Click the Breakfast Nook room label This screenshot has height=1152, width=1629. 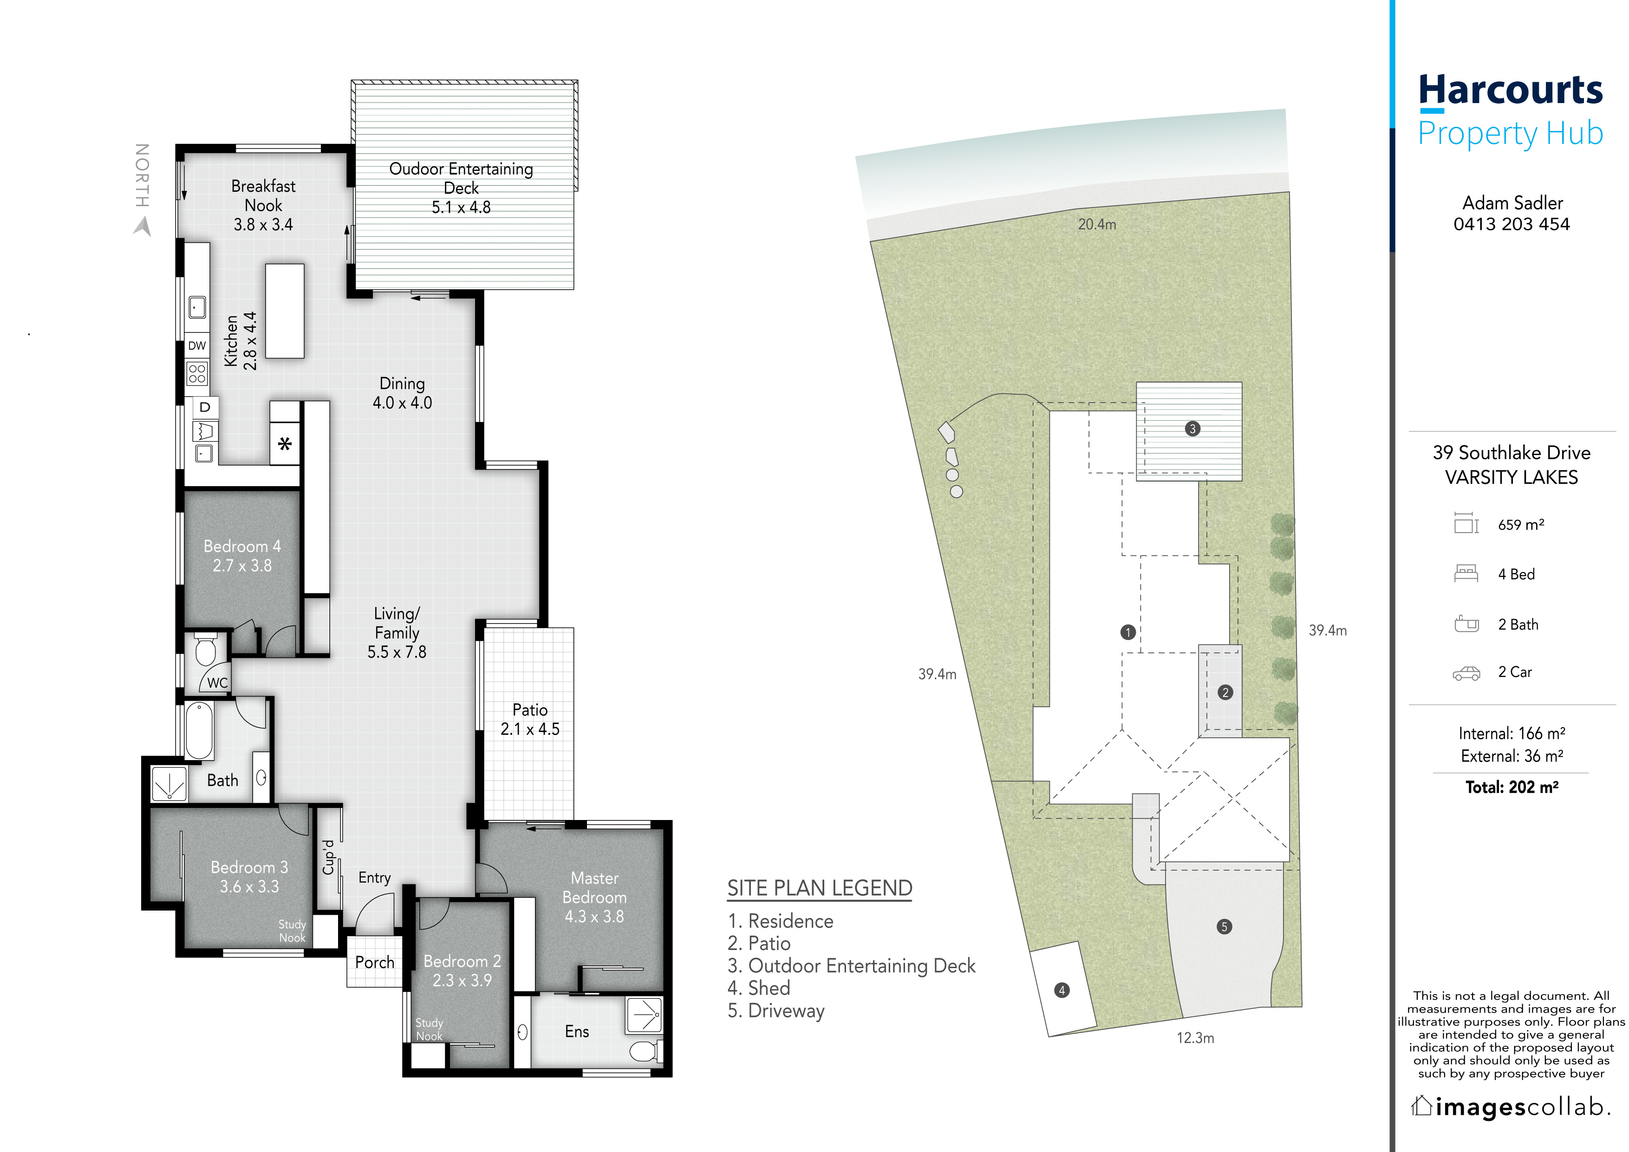point(263,196)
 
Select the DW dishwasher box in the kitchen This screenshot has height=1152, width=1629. point(197,346)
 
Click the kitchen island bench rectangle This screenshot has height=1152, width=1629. point(285,311)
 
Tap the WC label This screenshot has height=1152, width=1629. point(217,683)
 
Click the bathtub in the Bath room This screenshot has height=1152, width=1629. point(199,731)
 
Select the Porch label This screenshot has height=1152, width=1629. point(375,963)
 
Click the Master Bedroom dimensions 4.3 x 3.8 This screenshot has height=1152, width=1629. point(594,917)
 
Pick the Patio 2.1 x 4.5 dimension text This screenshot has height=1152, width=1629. point(530,729)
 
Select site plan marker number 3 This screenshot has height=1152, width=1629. point(1192,429)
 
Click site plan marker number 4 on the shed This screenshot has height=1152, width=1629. point(1062,990)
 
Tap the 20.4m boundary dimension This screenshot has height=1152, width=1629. point(1097,225)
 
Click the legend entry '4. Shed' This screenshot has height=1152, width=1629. point(758,988)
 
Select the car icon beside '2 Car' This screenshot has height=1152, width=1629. point(1466,673)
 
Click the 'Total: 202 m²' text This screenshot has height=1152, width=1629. point(1512,788)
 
